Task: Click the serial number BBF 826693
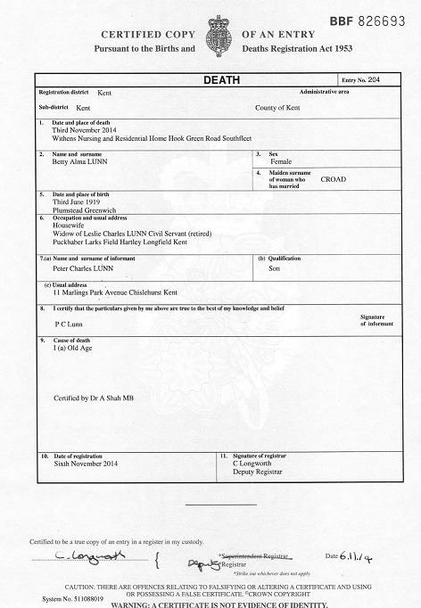point(367,18)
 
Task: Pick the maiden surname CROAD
point(334,179)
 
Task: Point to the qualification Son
point(275,267)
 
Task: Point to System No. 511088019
point(53,599)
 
